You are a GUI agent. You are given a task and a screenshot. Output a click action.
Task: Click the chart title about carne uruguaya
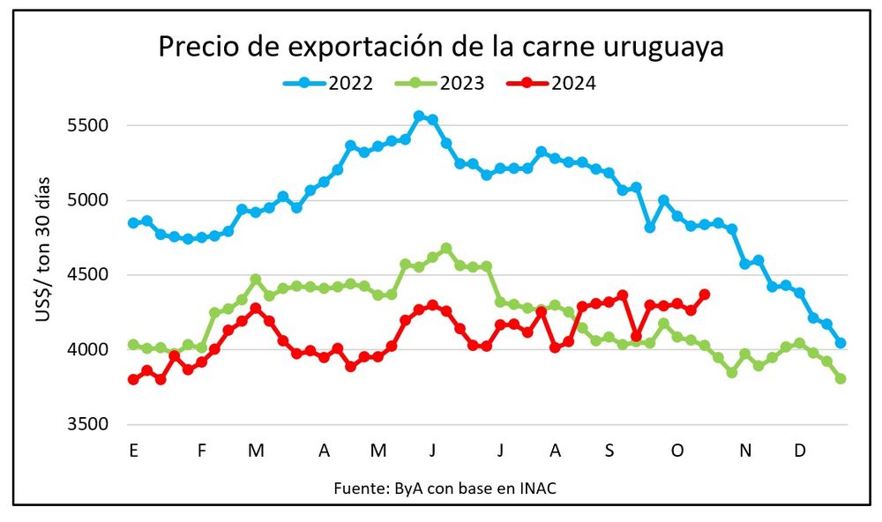coord(441,47)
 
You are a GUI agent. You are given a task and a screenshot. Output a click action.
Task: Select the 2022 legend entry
coord(328,84)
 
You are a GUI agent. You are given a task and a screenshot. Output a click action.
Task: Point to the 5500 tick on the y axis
coord(87,125)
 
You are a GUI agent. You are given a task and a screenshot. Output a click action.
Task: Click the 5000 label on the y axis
coord(87,200)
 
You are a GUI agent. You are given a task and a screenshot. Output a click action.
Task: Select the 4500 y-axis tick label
coord(87,275)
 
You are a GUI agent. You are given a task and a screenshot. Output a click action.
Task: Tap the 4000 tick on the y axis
coord(87,350)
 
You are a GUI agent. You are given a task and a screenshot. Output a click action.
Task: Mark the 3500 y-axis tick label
coord(87,425)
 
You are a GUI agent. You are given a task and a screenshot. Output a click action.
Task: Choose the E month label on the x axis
coord(133,451)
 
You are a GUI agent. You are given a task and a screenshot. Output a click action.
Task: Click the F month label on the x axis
coord(202,451)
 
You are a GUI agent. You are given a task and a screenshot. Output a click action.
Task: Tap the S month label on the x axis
coord(609,451)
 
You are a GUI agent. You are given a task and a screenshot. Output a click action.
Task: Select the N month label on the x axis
coord(745,451)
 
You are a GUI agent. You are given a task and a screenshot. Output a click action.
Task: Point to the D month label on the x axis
coord(800,451)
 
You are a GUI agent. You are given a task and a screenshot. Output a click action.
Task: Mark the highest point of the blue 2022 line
coord(419,116)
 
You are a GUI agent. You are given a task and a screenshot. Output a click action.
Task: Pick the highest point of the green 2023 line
coord(446,249)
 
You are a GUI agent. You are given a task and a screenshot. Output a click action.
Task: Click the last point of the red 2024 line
coord(705,295)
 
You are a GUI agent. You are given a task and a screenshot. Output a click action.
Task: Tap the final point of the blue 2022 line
coord(841,343)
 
